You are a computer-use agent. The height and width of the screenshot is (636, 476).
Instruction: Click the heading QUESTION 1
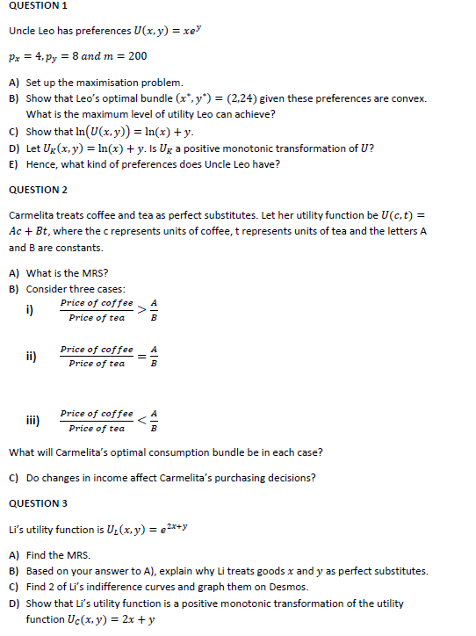38,6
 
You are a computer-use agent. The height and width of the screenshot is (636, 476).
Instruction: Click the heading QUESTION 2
38,190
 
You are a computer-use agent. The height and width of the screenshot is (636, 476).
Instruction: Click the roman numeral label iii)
32,420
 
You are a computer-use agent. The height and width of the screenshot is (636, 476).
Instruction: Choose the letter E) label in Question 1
14,163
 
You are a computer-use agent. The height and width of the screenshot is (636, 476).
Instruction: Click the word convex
408,98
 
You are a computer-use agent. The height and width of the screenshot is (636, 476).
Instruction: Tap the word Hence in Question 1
41,163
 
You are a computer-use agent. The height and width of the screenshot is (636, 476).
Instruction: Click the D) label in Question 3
14,603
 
